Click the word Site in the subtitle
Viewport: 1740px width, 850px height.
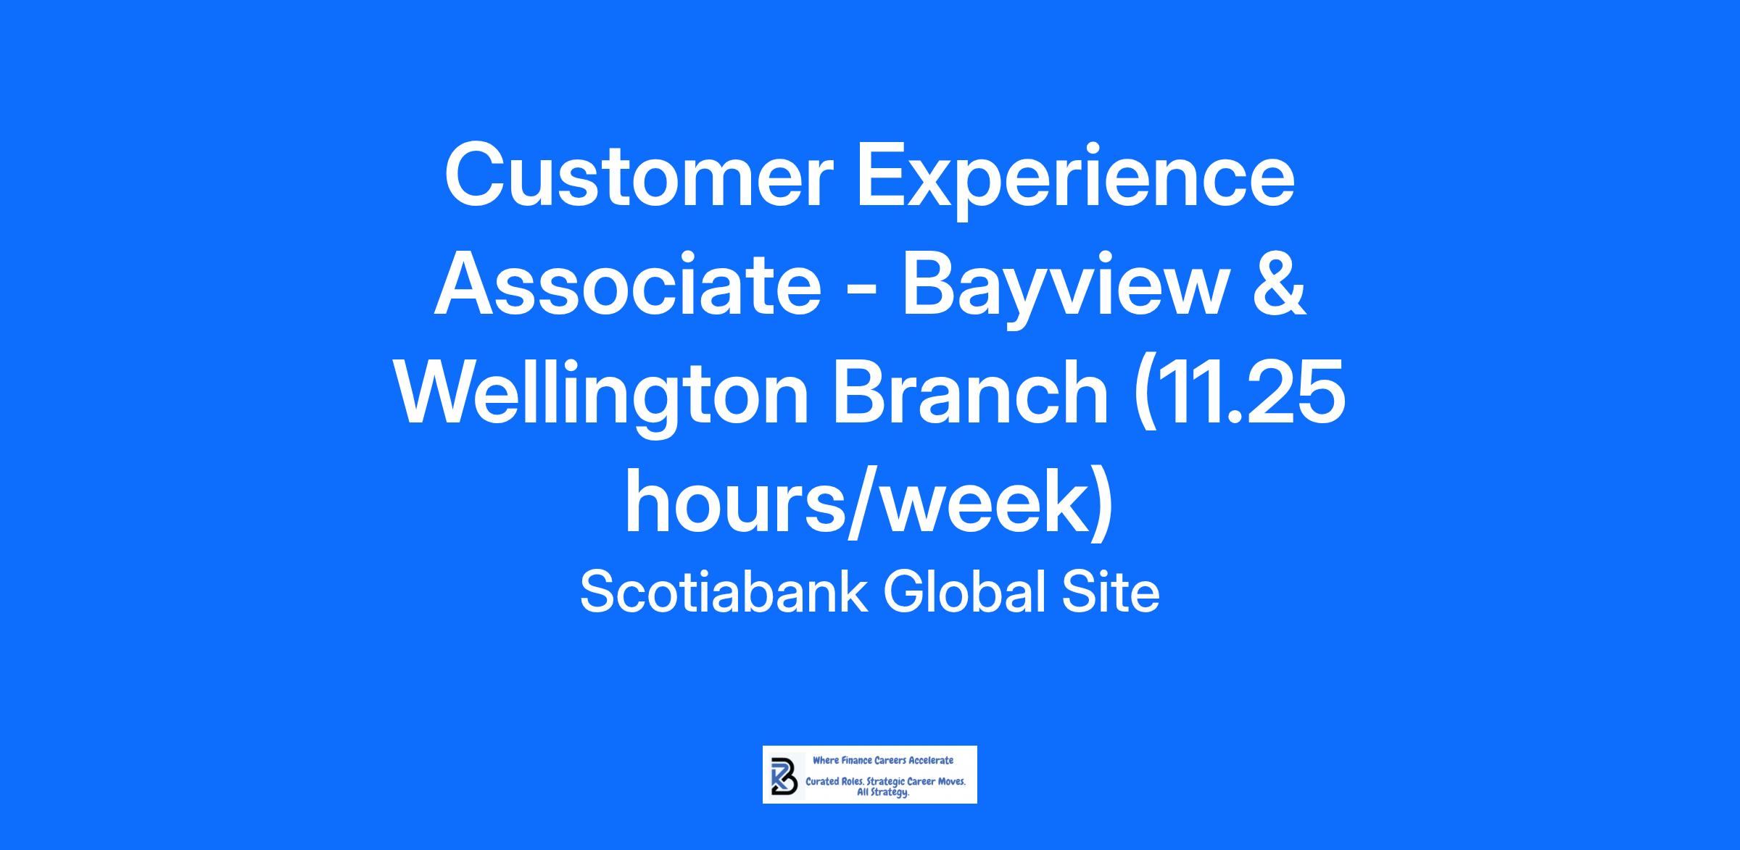(1110, 592)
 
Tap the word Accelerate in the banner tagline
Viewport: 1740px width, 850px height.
(930, 760)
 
